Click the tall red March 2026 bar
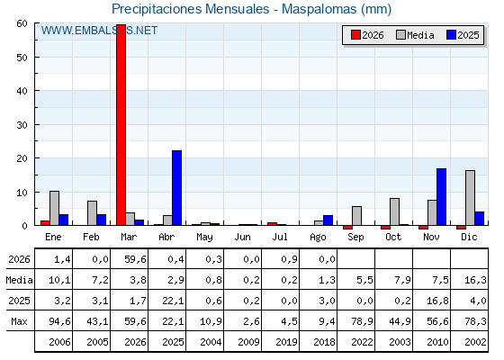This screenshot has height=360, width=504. tap(121, 125)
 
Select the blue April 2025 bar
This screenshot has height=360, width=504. tap(176, 188)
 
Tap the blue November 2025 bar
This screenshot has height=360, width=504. tap(441, 197)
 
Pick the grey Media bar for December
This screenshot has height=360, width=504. tap(470, 198)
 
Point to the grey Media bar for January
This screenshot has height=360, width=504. tap(54, 208)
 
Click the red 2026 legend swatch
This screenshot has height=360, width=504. tap(355, 35)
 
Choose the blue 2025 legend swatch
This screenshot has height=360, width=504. tap(451, 35)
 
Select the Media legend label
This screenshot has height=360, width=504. tap(420, 35)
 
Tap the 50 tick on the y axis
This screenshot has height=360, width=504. tap(22, 58)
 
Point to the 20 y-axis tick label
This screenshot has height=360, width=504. tap(22, 158)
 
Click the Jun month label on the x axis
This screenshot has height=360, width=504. tap(242, 238)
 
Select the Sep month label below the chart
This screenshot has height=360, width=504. tap(355, 238)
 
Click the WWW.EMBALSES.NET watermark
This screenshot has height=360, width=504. tap(99, 31)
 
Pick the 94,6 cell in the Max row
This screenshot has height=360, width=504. tap(59, 321)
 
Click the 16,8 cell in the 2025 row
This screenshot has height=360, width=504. tap(437, 301)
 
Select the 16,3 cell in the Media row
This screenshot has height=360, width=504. tap(475, 280)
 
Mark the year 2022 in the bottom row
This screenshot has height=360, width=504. tap(362, 342)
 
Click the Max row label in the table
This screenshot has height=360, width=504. tap(19, 321)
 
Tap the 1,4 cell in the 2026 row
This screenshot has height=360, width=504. tap(62, 259)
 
